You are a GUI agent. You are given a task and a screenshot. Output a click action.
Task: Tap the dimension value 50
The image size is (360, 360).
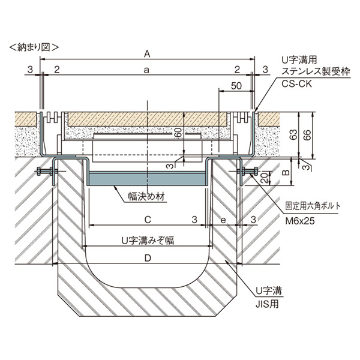point(235,86)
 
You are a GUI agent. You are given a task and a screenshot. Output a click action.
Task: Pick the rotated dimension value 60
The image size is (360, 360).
point(178,133)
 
